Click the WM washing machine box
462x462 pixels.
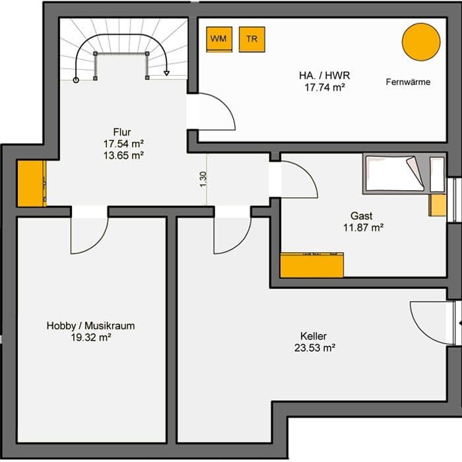click(x=219, y=40)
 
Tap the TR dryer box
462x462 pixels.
click(x=252, y=40)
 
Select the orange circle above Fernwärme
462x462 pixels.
click(x=421, y=42)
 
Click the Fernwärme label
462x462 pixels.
click(x=408, y=82)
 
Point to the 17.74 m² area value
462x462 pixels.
click(x=325, y=88)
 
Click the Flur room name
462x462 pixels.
click(x=122, y=132)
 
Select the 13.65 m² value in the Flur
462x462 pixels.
click(x=123, y=155)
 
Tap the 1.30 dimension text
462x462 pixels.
click(x=203, y=179)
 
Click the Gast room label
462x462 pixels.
click(x=362, y=216)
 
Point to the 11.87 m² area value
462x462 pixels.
click(x=363, y=228)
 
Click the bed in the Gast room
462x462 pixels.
click(x=395, y=174)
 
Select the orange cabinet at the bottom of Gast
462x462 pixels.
click(x=312, y=265)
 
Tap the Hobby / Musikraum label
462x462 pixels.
click(x=91, y=325)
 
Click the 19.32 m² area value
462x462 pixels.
click(x=91, y=337)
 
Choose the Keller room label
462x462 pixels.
click(x=313, y=336)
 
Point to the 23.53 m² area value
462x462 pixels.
click(x=315, y=348)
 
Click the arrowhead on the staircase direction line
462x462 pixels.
click(x=167, y=73)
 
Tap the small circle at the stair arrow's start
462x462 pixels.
click(x=76, y=80)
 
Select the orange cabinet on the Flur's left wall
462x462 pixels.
click(x=32, y=183)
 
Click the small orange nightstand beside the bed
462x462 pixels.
click(x=438, y=205)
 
